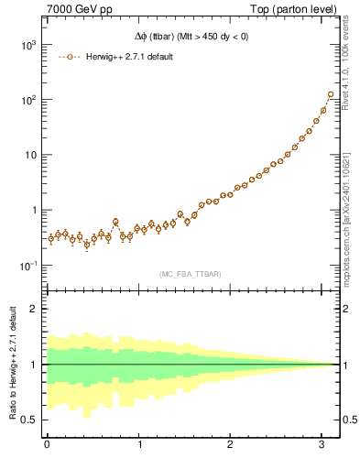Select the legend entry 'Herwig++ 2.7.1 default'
(127, 57)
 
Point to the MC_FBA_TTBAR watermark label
(193, 273)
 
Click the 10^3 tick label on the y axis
(27, 44)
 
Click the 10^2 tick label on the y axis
(27, 100)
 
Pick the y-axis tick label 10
(29, 155)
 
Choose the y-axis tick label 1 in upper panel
(35, 210)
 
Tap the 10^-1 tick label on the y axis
(27, 266)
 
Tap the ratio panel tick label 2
(35, 309)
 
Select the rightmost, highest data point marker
(331, 94)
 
